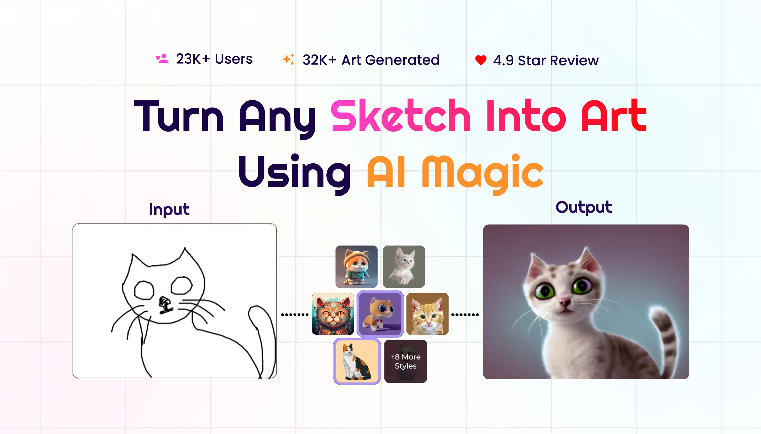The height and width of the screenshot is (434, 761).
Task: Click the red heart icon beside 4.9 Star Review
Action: [481, 60]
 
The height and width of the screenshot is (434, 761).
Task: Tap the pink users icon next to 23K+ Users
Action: [162, 59]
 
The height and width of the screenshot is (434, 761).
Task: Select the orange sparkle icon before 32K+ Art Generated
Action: [288, 59]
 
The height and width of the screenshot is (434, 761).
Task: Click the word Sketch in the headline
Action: [401, 116]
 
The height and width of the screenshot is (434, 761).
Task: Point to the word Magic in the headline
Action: [483, 173]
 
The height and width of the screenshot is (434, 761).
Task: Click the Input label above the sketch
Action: [169, 209]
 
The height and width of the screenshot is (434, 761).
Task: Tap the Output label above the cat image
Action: [584, 207]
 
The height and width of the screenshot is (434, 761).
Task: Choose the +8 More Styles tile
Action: [406, 361]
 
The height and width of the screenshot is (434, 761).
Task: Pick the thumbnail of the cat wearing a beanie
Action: [357, 266]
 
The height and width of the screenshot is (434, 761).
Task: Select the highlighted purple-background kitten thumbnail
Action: [380, 314]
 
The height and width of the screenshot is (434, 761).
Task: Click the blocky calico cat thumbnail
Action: [357, 361]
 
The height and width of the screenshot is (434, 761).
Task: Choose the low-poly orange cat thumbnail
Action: [427, 314]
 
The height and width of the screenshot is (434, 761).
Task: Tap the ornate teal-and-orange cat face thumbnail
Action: [333, 314]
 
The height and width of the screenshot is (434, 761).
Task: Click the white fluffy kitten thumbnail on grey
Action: [404, 266]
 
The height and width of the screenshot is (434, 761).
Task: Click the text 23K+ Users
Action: [214, 59]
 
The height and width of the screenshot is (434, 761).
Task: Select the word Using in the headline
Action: [295, 173]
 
